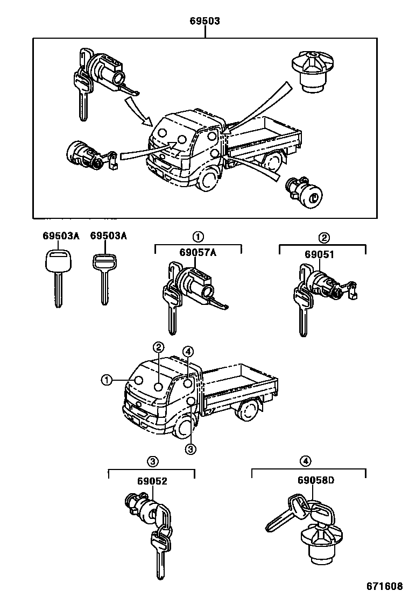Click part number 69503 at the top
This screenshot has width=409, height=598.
tap(204, 22)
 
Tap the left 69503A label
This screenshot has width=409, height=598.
tap(61, 236)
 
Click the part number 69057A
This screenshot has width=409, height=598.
tap(198, 253)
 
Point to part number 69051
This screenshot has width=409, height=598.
tap(320, 254)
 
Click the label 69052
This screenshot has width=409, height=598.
tap(153, 481)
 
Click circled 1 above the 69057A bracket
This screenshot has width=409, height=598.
tap(198, 237)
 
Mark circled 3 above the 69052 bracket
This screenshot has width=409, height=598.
tap(153, 461)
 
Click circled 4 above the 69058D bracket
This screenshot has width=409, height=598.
tap(305, 461)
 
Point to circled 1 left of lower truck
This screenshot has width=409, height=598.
tap(107, 381)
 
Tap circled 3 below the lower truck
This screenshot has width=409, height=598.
tap(190, 449)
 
